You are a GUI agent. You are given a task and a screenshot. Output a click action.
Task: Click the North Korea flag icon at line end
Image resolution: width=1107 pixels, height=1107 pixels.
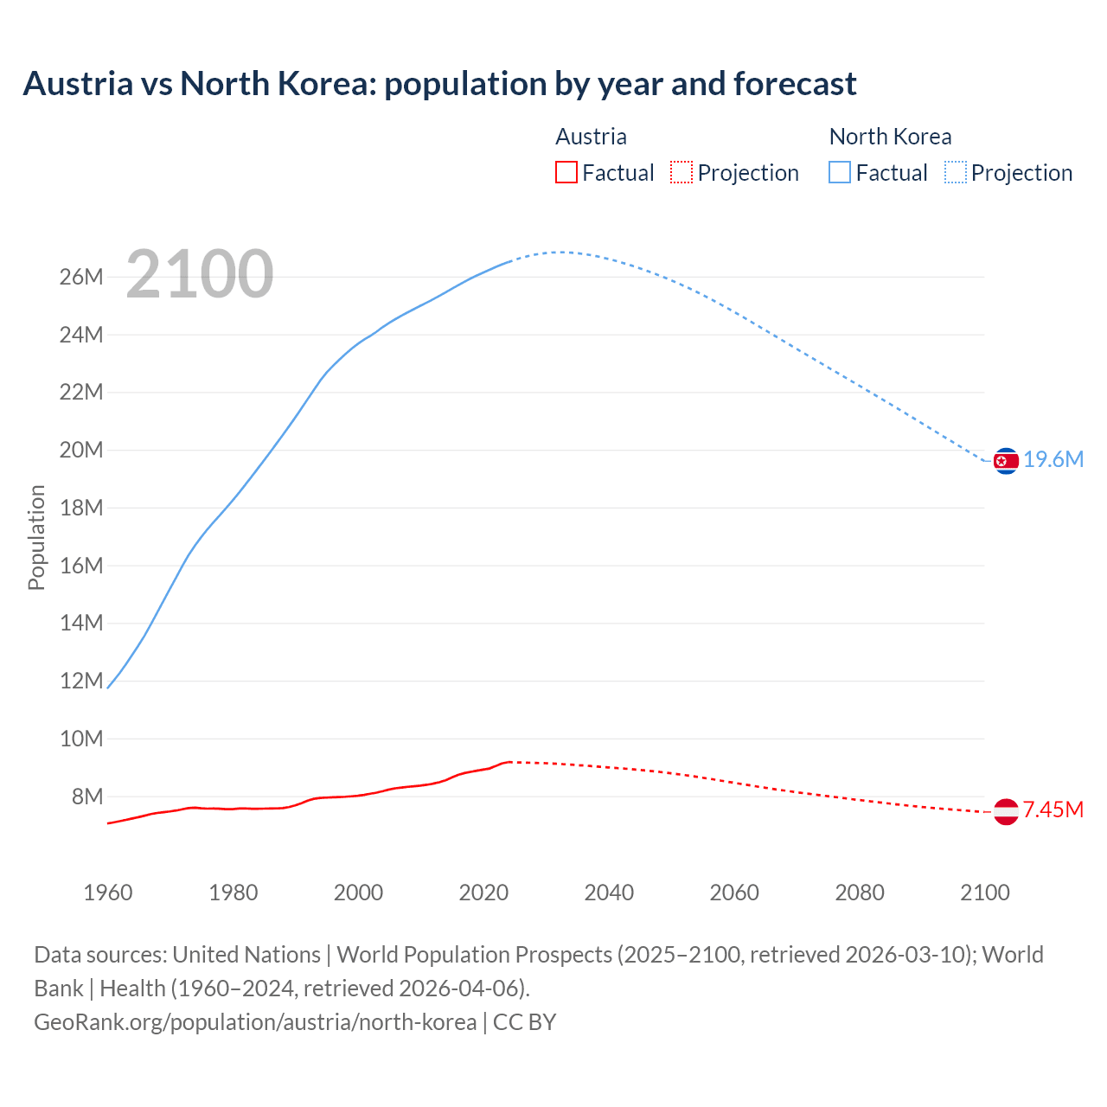point(1006,461)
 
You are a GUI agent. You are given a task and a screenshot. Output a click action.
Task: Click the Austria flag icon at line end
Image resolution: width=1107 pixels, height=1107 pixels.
point(1006,811)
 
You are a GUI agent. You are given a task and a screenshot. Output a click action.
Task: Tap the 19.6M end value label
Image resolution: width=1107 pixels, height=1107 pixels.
point(1053,460)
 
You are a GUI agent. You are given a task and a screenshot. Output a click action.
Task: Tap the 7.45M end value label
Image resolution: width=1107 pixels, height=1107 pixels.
point(1053,810)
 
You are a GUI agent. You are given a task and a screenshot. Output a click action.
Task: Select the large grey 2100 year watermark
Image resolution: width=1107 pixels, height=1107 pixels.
point(200,275)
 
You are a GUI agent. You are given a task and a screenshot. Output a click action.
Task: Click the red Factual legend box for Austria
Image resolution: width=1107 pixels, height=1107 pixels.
point(566,173)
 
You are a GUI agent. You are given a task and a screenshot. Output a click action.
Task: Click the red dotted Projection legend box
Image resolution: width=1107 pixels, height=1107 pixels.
point(681,173)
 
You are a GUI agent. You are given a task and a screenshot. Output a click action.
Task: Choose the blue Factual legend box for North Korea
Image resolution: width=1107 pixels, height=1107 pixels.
point(840,173)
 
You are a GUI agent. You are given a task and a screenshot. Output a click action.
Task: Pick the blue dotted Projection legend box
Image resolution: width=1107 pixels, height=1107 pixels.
point(956,173)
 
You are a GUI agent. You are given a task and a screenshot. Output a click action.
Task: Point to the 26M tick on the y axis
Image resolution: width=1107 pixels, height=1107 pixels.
point(81,277)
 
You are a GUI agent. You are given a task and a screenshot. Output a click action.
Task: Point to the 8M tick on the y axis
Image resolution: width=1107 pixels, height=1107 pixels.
point(87,797)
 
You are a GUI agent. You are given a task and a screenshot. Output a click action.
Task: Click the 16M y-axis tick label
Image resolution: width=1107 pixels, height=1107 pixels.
point(81,566)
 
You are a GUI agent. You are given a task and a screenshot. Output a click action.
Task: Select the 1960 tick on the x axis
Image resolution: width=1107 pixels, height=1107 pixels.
point(108,893)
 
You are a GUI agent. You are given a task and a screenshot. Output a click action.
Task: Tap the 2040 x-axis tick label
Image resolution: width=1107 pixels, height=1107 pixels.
point(609,893)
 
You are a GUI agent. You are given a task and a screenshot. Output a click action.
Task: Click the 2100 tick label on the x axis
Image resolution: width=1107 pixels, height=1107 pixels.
point(984,893)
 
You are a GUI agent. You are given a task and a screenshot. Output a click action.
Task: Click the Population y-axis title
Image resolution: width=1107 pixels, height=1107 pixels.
point(36,537)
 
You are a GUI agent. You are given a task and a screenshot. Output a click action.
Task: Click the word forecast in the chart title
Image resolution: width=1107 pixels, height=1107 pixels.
point(795,84)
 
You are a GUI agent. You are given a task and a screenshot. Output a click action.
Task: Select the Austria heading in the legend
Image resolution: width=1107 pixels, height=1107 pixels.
point(591,137)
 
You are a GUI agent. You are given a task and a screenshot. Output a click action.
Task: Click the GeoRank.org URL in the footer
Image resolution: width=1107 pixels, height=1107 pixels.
point(255,1022)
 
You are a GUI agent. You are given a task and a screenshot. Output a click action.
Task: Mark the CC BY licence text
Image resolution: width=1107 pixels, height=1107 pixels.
point(524,1022)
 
